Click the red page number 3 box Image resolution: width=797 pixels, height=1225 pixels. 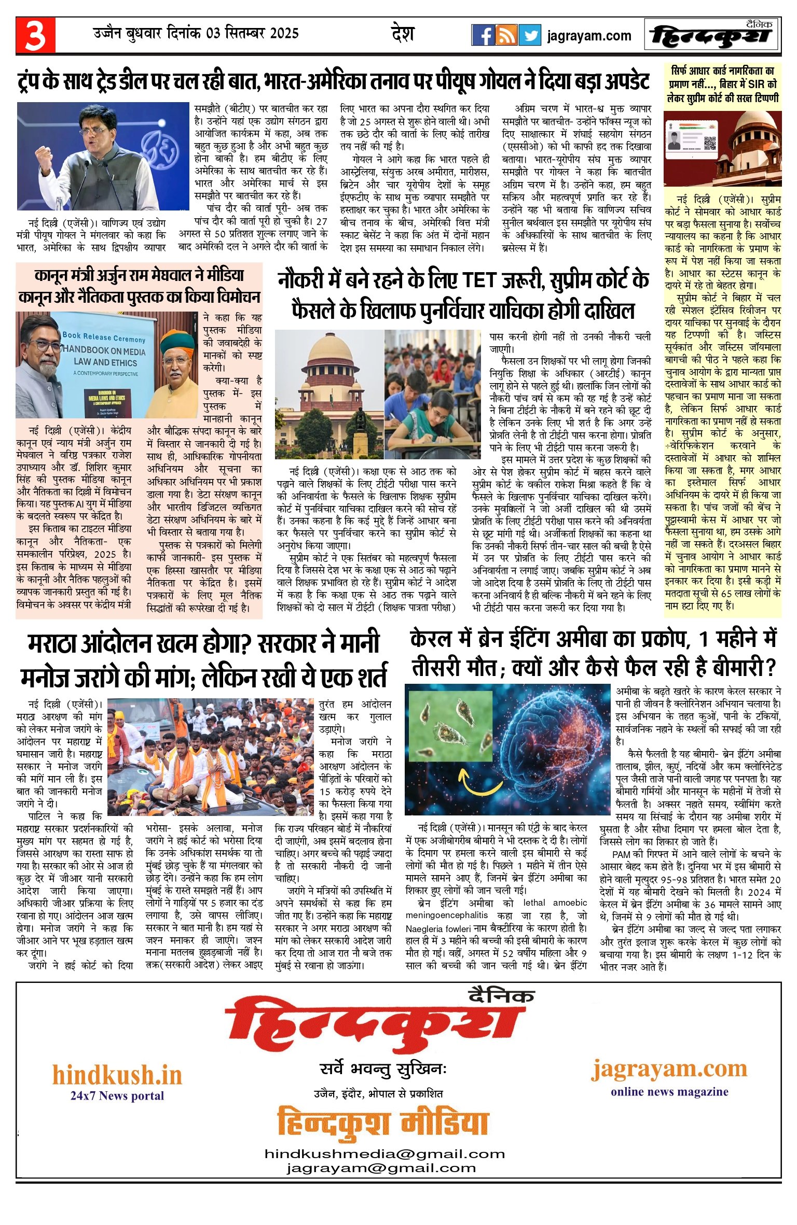35,35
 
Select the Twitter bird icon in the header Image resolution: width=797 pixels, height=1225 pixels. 529,35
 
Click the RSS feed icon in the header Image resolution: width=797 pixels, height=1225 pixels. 506,35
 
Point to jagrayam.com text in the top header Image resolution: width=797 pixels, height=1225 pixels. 589,36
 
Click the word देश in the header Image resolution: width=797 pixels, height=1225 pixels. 403,34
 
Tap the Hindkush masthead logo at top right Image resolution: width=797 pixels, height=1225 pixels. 712,35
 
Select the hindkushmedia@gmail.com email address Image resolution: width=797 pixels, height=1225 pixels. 384,1154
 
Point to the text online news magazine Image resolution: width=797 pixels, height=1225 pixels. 669,1091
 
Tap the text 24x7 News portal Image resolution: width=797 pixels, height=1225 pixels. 117,1095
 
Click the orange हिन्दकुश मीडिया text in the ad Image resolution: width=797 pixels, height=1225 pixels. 383,1122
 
